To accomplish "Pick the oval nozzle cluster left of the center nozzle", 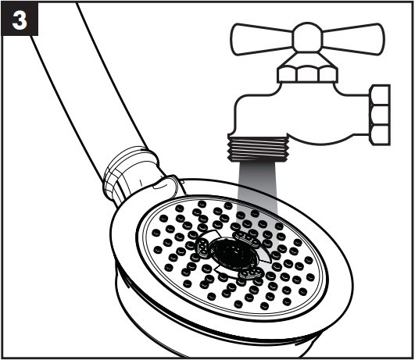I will [202, 248].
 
